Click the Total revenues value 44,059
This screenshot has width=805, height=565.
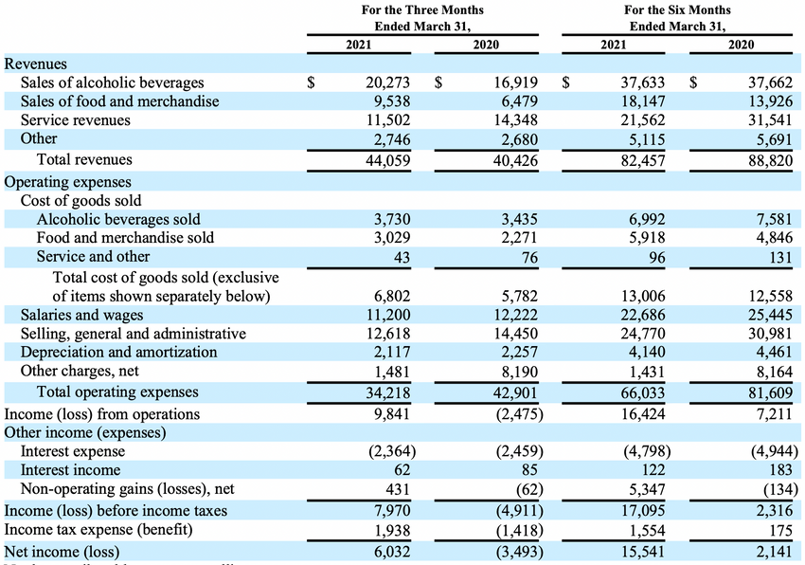[387, 160]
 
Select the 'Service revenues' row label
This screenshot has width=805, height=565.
[76, 119]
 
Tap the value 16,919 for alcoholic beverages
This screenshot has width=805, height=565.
[515, 82]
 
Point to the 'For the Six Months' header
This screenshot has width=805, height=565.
[677, 9]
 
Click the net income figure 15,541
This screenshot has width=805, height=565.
[643, 552]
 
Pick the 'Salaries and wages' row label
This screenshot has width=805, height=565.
[81, 315]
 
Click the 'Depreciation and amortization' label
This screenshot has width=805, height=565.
[118, 352]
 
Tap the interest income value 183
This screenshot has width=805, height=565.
[781, 470]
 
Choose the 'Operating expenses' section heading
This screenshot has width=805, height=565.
[67, 182]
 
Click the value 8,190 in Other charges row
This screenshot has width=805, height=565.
[520, 372]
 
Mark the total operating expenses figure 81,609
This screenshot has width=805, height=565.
[770, 392]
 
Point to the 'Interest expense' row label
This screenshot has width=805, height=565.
[72, 451]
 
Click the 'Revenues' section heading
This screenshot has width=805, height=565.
[35, 64]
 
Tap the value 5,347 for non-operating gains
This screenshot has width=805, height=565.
[647, 489]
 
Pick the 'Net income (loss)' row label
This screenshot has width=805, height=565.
[62, 552]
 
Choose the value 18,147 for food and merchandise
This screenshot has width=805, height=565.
[643, 101]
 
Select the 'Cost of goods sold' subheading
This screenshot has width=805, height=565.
[80, 201]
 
